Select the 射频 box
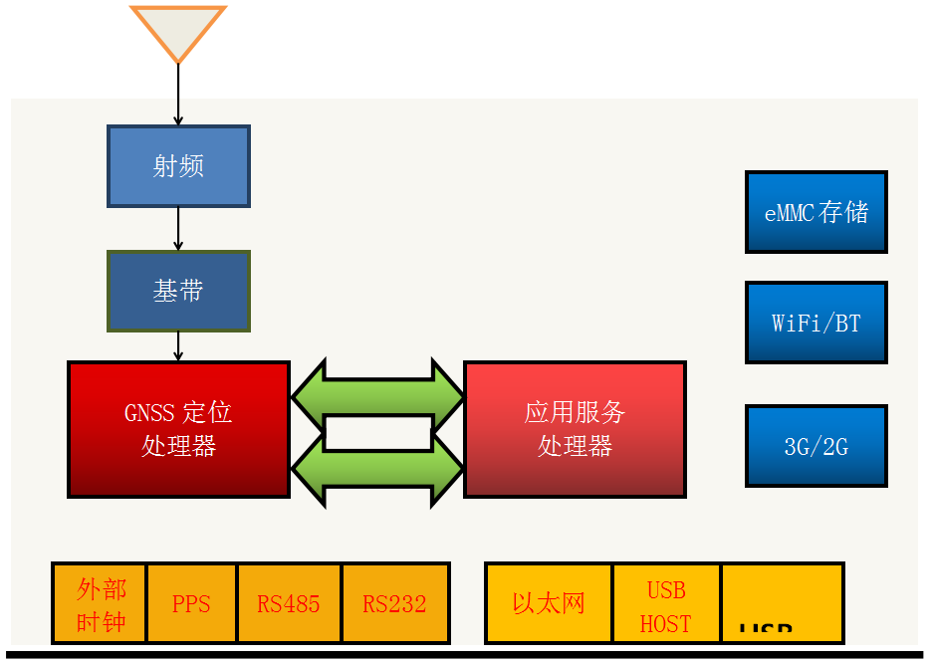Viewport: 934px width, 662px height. point(178,166)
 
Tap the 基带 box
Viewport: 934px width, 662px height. point(178,291)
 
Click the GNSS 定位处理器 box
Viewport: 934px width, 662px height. point(178,429)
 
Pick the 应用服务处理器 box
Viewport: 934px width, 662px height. point(575,429)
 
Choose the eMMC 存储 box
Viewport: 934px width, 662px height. point(816,212)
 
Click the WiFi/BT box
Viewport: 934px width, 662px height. point(816,323)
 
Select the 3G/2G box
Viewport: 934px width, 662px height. point(816,446)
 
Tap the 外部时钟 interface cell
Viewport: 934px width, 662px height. point(100,604)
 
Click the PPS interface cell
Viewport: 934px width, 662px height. point(191,604)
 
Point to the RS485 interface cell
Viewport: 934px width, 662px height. point(289,604)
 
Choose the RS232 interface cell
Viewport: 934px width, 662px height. point(395,604)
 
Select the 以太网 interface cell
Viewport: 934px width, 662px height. point(549,604)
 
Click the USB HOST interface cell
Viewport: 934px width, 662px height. point(666,604)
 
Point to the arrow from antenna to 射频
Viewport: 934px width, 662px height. point(178,96)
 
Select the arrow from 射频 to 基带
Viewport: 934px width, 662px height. point(178,229)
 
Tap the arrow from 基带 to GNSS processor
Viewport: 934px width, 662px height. point(178,346)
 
